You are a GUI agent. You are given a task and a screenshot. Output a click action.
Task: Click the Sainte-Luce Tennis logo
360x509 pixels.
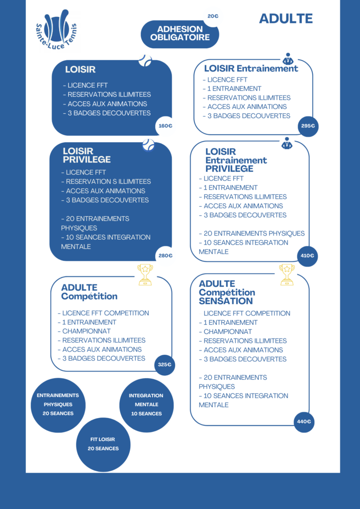(x=56, y=30)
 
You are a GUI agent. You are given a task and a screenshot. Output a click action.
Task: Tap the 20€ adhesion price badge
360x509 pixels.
(x=213, y=16)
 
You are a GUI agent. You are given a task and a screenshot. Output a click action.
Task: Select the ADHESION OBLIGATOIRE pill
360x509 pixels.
(x=180, y=34)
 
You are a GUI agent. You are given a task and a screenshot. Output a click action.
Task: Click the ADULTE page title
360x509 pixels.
(x=285, y=18)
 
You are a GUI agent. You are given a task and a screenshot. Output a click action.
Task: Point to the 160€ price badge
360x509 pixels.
(x=165, y=126)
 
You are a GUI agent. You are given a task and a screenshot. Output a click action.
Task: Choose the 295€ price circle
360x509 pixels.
(x=308, y=126)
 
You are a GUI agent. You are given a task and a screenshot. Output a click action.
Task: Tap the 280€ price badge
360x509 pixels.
(x=165, y=255)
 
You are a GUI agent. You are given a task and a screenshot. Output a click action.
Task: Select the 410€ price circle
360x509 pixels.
(x=307, y=256)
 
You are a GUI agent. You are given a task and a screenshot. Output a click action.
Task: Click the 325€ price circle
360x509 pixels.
(x=165, y=364)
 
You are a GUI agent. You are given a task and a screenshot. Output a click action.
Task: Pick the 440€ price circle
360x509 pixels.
(x=304, y=422)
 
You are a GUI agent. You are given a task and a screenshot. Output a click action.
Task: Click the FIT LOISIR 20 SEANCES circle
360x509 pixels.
(x=103, y=444)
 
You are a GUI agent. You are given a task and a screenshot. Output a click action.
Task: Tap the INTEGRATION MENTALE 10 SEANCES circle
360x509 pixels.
(x=146, y=405)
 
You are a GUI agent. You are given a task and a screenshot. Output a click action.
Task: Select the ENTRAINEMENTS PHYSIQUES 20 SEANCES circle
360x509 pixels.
(x=58, y=405)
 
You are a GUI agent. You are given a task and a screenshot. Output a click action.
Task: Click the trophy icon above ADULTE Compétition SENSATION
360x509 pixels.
(x=287, y=274)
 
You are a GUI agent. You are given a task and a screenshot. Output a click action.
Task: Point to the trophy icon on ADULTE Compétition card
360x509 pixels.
(x=145, y=274)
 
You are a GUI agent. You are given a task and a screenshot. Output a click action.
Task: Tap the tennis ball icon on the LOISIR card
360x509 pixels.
(x=145, y=60)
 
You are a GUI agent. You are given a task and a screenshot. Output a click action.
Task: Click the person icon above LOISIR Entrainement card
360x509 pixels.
(x=287, y=59)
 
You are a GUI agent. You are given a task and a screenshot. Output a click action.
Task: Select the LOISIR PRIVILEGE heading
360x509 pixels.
(x=87, y=155)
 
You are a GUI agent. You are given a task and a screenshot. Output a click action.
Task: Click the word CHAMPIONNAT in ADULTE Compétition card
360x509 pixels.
(x=87, y=332)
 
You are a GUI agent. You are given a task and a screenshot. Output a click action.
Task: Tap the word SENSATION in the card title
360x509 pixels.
(x=226, y=301)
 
